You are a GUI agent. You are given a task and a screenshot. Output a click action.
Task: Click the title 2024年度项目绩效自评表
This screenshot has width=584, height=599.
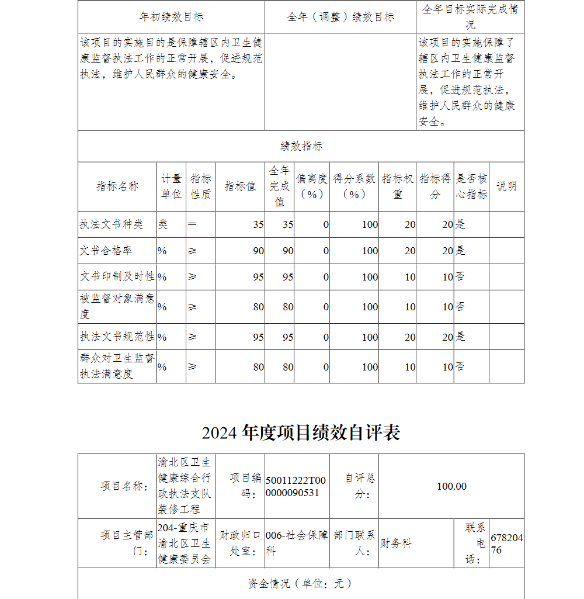[301, 433]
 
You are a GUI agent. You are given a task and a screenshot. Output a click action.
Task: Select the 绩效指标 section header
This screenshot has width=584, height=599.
[301, 146]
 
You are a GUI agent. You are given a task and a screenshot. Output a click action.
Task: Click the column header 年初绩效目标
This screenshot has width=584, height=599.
[171, 17]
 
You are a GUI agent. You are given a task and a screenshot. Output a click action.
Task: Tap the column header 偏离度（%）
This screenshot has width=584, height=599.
[311, 186]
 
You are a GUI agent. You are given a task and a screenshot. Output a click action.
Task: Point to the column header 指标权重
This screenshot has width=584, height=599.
[398, 186]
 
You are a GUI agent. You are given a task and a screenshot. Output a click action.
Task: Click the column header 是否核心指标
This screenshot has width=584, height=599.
[471, 186]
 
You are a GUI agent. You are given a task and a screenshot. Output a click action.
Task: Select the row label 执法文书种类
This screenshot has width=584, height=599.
[112, 224]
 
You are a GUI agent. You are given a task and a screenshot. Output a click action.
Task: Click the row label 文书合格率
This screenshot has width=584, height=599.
[106, 251]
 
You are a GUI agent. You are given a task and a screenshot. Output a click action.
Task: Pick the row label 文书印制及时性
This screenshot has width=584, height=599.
[117, 277]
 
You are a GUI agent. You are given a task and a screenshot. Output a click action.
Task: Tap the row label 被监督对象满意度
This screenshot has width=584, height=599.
[117, 306]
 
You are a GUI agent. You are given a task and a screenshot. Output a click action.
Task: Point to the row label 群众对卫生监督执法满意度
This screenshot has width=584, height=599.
[117, 366]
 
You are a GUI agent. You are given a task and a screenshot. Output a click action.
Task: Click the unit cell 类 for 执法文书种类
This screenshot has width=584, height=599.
[162, 224]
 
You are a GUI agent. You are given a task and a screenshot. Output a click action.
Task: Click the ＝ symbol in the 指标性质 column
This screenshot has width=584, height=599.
[192, 224]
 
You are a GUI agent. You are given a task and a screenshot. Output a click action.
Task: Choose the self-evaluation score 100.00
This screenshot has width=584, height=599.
[451, 486]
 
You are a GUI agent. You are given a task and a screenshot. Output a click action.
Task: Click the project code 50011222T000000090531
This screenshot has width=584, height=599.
[296, 486]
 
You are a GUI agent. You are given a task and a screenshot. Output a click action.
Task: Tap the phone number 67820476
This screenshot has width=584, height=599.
[506, 543]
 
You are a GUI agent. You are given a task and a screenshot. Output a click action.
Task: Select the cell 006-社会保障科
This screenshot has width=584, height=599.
[296, 543]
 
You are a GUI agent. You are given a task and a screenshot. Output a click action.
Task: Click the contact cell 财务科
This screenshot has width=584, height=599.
[396, 543]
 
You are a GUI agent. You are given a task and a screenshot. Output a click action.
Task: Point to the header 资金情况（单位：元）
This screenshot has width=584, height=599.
[301, 583]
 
